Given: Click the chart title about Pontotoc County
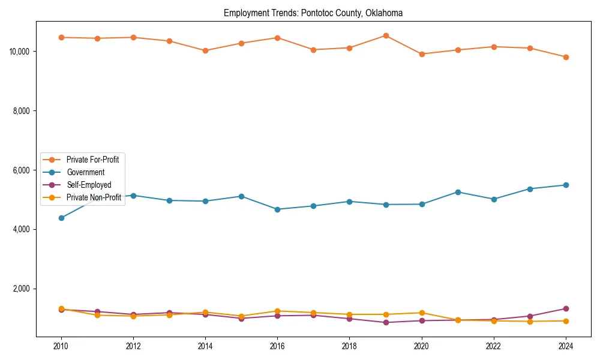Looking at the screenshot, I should (x=313, y=13).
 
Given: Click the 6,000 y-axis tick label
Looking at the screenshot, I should (x=22, y=170).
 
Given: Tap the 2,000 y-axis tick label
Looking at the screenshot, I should (x=22, y=289).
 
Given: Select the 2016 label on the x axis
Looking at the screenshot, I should (x=277, y=346).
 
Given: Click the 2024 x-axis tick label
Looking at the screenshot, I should (x=566, y=346).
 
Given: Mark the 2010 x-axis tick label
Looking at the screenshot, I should (x=61, y=346).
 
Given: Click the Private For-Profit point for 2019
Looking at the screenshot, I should (x=386, y=35).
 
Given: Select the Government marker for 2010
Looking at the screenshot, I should (x=61, y=218).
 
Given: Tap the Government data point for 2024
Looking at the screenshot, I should (x=566, y=185).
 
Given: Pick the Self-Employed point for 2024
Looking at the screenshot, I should (x=566, y=308).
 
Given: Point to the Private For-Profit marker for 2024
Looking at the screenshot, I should (x=566, y=57).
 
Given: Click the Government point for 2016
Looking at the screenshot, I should (x=277, y=209).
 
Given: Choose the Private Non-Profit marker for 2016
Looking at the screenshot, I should (x=277, y=311).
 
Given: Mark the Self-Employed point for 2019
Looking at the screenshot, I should (x=386, y=322).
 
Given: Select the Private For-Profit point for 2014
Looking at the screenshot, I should (x=205, y=50).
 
